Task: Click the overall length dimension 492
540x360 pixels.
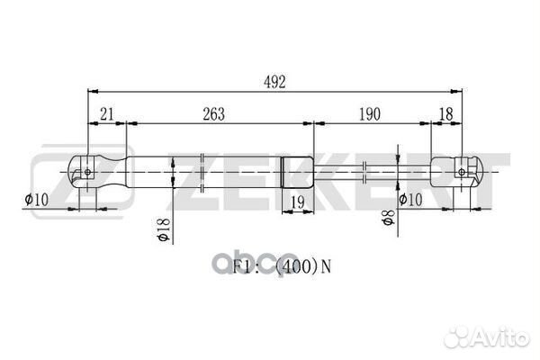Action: point(275,83)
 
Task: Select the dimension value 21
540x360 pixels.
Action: point(106,114)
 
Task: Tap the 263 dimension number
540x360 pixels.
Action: point(213,114)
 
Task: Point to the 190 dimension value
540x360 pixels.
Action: point(370,114)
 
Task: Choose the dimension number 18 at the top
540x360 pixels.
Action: point(445,114)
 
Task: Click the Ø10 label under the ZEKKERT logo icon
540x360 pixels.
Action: point(37,199)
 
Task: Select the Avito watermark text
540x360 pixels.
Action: point(499,337)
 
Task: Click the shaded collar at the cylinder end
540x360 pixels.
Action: point(298,168)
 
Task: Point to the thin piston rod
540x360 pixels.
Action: point(369,168)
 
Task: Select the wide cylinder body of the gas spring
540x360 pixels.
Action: point(207,168)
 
